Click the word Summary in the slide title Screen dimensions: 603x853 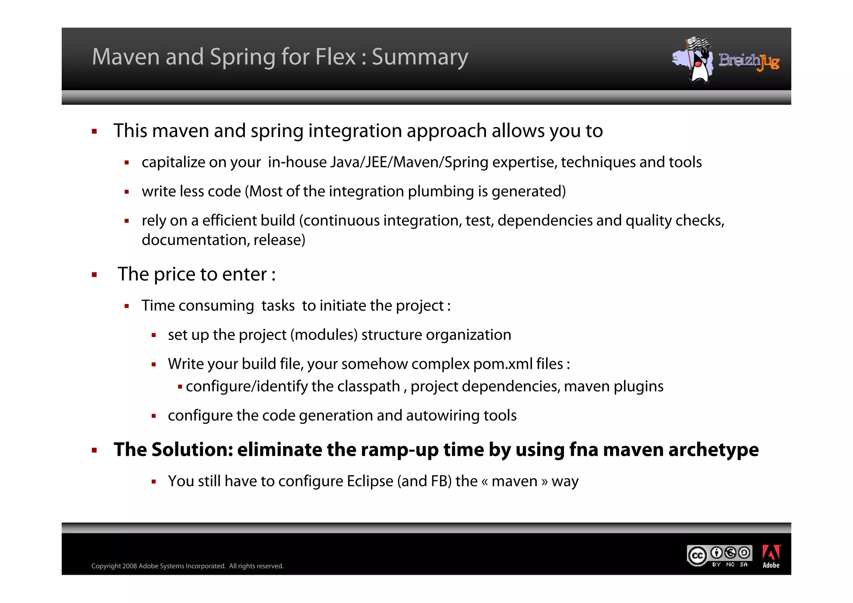pyautogui.click(x=419, y=57)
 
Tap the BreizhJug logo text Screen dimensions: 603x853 pyautogui.click(x=748, y=61)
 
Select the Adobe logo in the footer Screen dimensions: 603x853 pyautogui.click(x=771, y=556)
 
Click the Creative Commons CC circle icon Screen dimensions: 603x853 pyautogui.click(x=697, y=556)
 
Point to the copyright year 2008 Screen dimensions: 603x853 pyautogui.click(x=130, y=566)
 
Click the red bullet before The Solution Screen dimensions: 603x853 pyautogui.click(x=95, y=450)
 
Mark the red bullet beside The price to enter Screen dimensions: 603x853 pyautogui.click(x=95, y=275)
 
